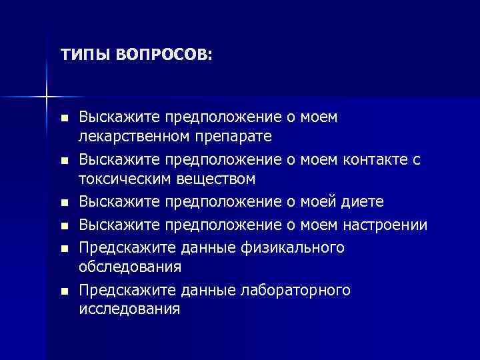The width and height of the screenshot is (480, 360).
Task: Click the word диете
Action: [x=363, y=202]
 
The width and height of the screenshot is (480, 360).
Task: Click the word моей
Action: [x=319, y=202]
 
